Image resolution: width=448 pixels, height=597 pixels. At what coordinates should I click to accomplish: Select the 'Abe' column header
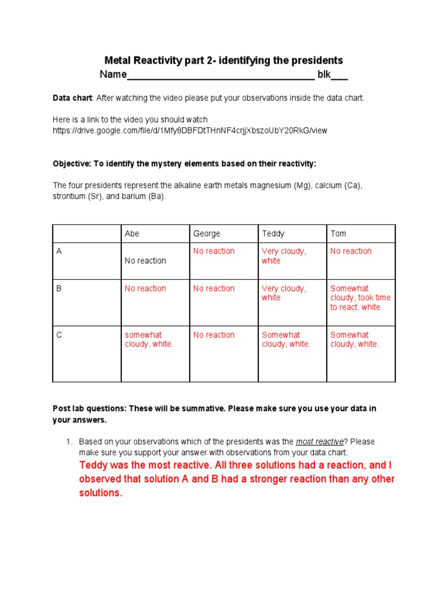tap(132, 234)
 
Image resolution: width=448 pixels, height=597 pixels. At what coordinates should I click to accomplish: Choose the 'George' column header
tap(206, 234)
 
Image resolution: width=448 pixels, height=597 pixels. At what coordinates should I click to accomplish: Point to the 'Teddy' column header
tap(273, 234)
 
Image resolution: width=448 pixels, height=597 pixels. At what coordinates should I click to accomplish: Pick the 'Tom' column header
tap(338, 234)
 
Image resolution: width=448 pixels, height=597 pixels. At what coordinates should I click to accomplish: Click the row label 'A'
tap(59, 251)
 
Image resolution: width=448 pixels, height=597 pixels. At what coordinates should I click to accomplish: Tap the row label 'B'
tap(59, 289)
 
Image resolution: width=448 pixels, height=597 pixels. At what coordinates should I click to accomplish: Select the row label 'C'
tap(59, 335)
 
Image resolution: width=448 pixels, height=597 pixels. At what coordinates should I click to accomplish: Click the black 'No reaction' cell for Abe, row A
tap(145, 261)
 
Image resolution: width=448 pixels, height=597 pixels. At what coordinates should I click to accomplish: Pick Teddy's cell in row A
tap(283, 256)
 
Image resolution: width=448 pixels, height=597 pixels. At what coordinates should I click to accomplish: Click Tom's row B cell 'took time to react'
tap(360, 298)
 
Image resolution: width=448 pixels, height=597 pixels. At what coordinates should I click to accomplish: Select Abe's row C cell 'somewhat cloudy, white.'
tap(149, 340)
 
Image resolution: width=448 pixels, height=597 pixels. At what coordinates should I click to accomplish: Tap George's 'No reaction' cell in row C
tap(213, 335)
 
